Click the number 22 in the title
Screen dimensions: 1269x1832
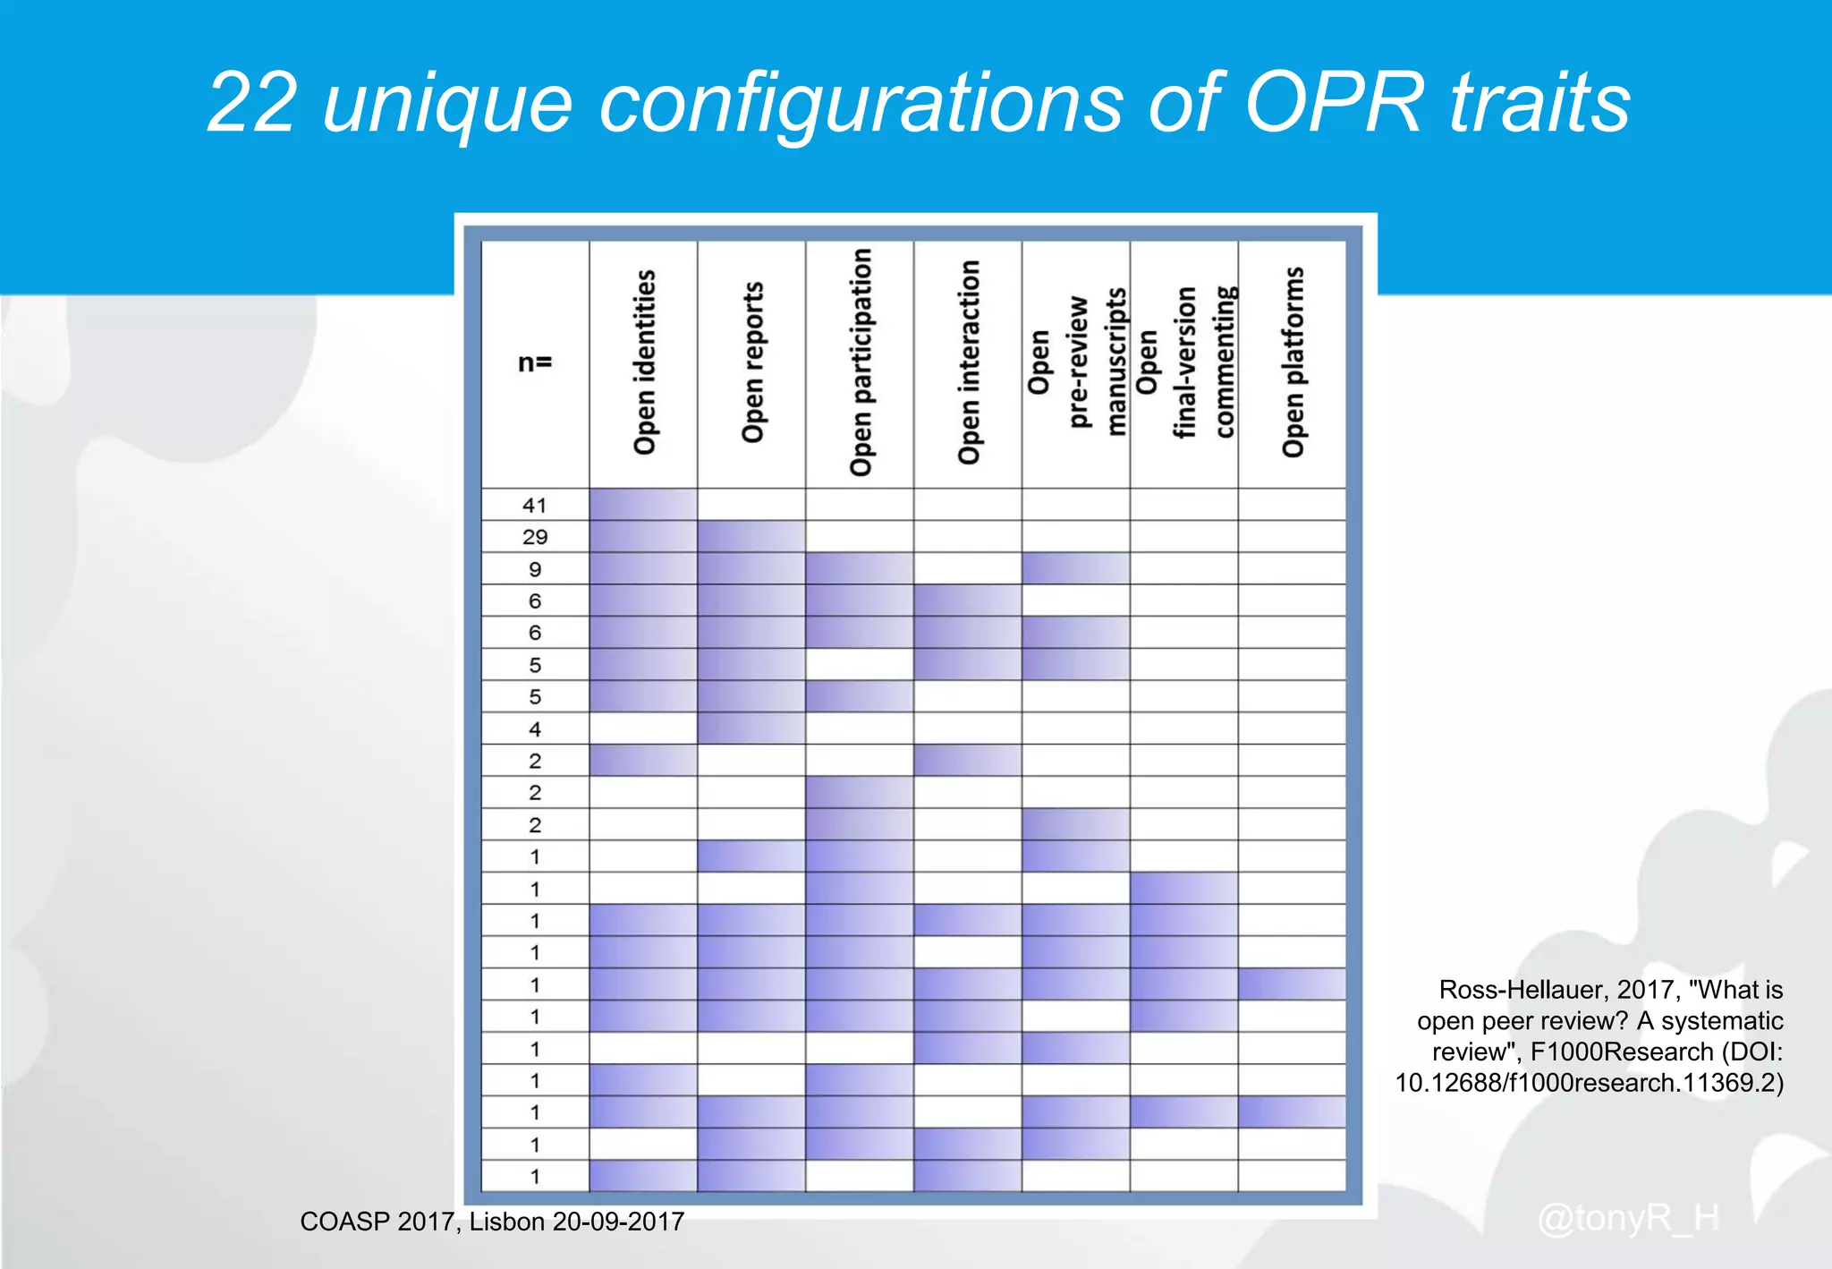pyautogui.click(x=251, y=104)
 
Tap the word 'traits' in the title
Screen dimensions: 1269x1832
pyautogui.click(x=1539, y=104)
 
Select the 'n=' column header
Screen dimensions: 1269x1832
pyautogui.click(x=535, y=362)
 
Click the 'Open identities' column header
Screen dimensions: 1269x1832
pyautogui.click(x=644, y=362)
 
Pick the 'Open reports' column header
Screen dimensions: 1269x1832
pyautogui.click(x=752, y=362)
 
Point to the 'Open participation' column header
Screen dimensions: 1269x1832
pyautogui.click(x=861, y=362)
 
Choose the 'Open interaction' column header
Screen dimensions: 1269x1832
pyautogui.click(x=969, y=362)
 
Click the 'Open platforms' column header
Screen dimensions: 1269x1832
pyautogui.click(x=1293, y=362)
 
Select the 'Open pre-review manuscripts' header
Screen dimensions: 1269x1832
pyautogui.click(x=1076, y=362)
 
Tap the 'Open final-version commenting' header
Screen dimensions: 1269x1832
pyautogui.click(x=1184, y=362)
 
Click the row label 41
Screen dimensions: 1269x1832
pyautogui.click(x=535, y=506)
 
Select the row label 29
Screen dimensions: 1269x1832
pyautogui.click(x=535, y=537)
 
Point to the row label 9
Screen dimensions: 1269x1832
pyautogui.click(x=535, y=569)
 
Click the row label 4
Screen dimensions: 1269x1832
pyautogui.click(x=535, y=729)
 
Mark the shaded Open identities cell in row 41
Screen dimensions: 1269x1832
pyautogui.click(x=643, y=505)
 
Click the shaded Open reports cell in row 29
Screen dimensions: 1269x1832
pyautogui.click(x=751, y=537)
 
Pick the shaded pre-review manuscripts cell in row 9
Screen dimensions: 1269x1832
pyautogui.click(x=1076, y=569)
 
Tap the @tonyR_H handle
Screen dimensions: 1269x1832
pyautogui.click(x=1628, y=1218)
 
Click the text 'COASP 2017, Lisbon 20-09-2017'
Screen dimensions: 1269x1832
pyautogui.click(x=492, y=1222)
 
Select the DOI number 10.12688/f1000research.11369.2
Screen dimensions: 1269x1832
pyautogui.click(x=1589, y=1084)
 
